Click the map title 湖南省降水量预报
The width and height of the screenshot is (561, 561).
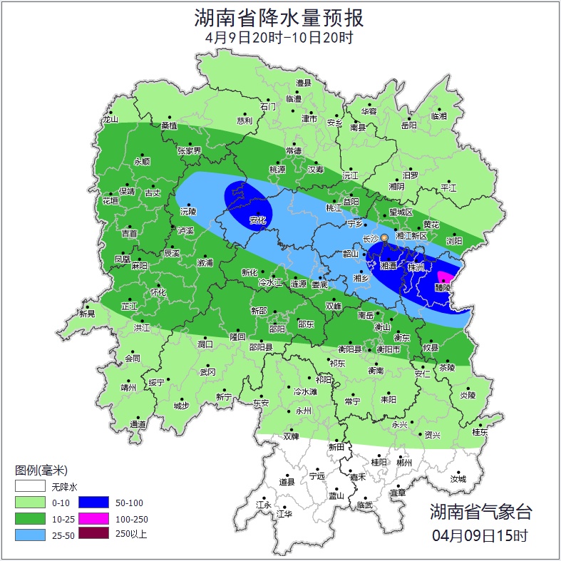tap(280, 17)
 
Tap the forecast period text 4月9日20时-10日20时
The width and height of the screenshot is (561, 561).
tap(280, 38)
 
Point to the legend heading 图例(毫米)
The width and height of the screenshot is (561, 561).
tap(41, 470)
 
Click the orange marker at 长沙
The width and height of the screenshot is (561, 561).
tap(384, 237)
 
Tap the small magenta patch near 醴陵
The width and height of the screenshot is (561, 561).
tap(445, 277)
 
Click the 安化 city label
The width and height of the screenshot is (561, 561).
tap(257, 220)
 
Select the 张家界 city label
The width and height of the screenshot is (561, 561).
tap(190, 151)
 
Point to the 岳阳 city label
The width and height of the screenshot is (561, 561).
tap(408, 125)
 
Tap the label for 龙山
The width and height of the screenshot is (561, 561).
tap(110, 120)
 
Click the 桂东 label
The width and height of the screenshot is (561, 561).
tap(480, 432)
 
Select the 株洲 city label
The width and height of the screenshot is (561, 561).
tap(416, 267)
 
